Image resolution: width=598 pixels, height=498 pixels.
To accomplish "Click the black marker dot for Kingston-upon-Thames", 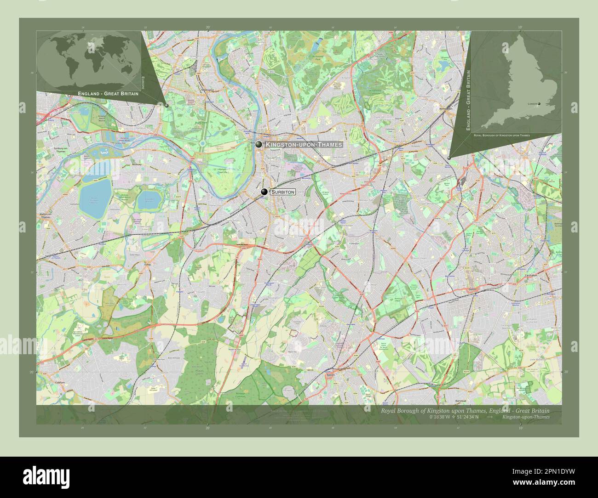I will [x=259, y=145].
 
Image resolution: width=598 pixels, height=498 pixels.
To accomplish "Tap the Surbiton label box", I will [x=282, y=192].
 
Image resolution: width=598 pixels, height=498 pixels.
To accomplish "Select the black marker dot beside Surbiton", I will [x=264, y=192].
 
